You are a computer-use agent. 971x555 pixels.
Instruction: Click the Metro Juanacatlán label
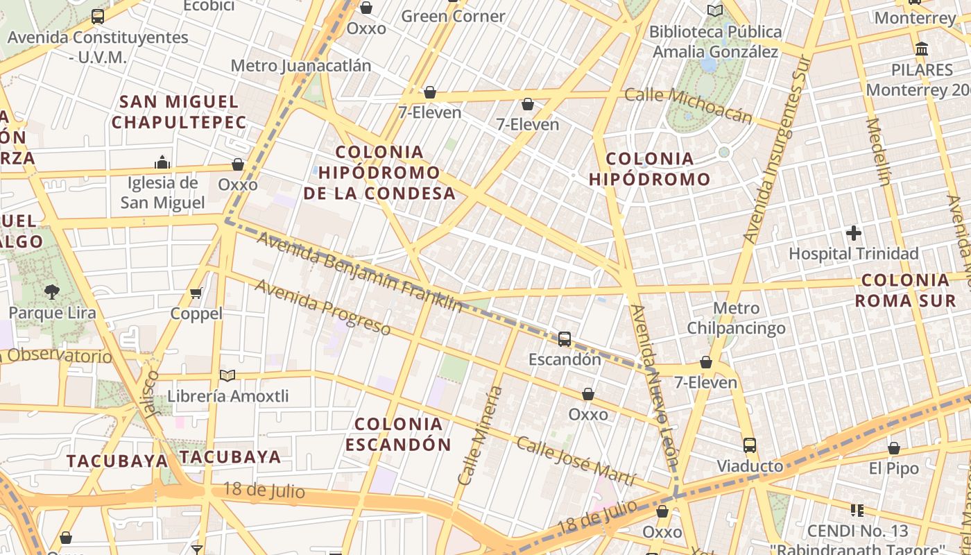pyautogui.click(x=300, y=66)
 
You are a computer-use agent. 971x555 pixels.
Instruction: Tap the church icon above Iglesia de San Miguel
pyautogui.click(x=162, y=162)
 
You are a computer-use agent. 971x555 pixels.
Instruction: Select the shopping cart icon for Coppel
pyautogui.click(x=196, y=293)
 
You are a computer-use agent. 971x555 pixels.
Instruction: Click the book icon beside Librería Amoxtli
pyautogui.click(x=227, y=375)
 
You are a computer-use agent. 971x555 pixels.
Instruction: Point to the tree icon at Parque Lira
pyautogui.click(x=52, y=291)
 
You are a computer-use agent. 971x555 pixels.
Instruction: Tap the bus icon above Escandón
pyautogui.click(x=565, y=339)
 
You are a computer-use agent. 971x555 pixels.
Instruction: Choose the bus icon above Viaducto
pyautogui.click(x=750, y=445)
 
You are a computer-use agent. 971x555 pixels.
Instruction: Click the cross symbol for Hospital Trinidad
pyautogui.click(x=854, y=233)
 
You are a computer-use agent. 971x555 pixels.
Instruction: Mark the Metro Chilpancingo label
pyautogui.click(x=736, y=318)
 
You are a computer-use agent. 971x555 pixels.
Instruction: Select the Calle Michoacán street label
pyautogui.click(x=688, y=105)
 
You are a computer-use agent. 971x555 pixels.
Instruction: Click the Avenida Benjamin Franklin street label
pyautogui.click(x=359, y=271)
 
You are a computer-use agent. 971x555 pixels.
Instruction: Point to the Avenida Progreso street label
pyautogui.click(x=323, y=307)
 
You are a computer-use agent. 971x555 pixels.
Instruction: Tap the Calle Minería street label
pyautogui.click(x=480, y=435)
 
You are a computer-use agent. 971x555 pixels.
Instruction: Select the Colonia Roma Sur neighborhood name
pyautogui.click(x=905, y=291)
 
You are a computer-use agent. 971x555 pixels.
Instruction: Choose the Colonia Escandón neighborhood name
pyautogui.click(x=398, y=434)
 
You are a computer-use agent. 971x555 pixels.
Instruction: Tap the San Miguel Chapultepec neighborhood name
pyautogui.click(x=179, y=112)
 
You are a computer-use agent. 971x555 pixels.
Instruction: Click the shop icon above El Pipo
pyautogui.click(x=894, y=449)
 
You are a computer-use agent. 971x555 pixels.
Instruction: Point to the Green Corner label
pyautogui.click(x=453, y=16)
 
